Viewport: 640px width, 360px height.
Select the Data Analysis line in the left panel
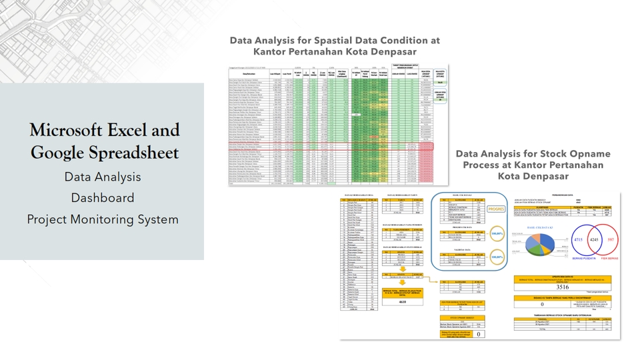click(103, 177)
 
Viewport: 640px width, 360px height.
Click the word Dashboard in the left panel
click(103, 198)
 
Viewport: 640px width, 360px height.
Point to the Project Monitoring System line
click(103, 219)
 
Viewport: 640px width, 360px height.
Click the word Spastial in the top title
click(315, 40)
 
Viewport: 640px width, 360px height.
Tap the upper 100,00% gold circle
click(515, 233)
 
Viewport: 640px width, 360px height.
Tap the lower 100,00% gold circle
click(515, 257)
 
